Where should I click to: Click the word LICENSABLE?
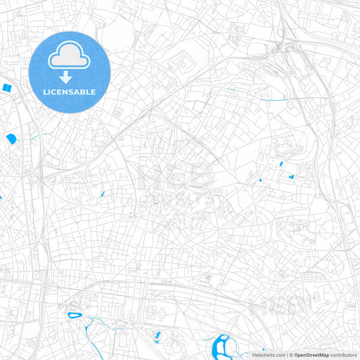[69, 91]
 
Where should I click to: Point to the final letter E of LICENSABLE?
[93, 91]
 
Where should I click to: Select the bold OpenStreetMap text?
[312, 355]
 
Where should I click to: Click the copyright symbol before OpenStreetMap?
[291, 355]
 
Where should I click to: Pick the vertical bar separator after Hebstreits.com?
[287, 355]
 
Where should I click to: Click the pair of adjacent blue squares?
[7, 88]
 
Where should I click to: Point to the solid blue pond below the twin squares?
[11, 139]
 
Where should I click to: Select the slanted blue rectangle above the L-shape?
[280, 164]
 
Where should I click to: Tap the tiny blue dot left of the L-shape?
[260, 180]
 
